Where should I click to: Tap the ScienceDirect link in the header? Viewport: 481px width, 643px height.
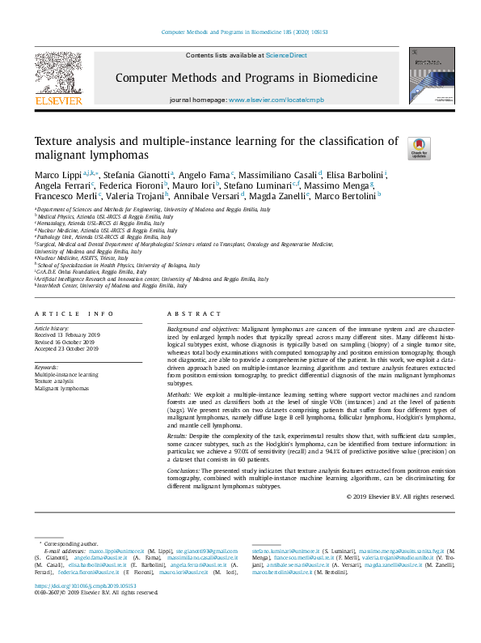click(x=288, y=55)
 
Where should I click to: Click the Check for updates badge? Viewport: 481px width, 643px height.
click(x=420, y=147)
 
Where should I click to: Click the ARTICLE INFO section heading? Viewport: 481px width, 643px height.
click(x=74, y=313)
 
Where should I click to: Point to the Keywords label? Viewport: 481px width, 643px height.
click(x=46, y=367)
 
